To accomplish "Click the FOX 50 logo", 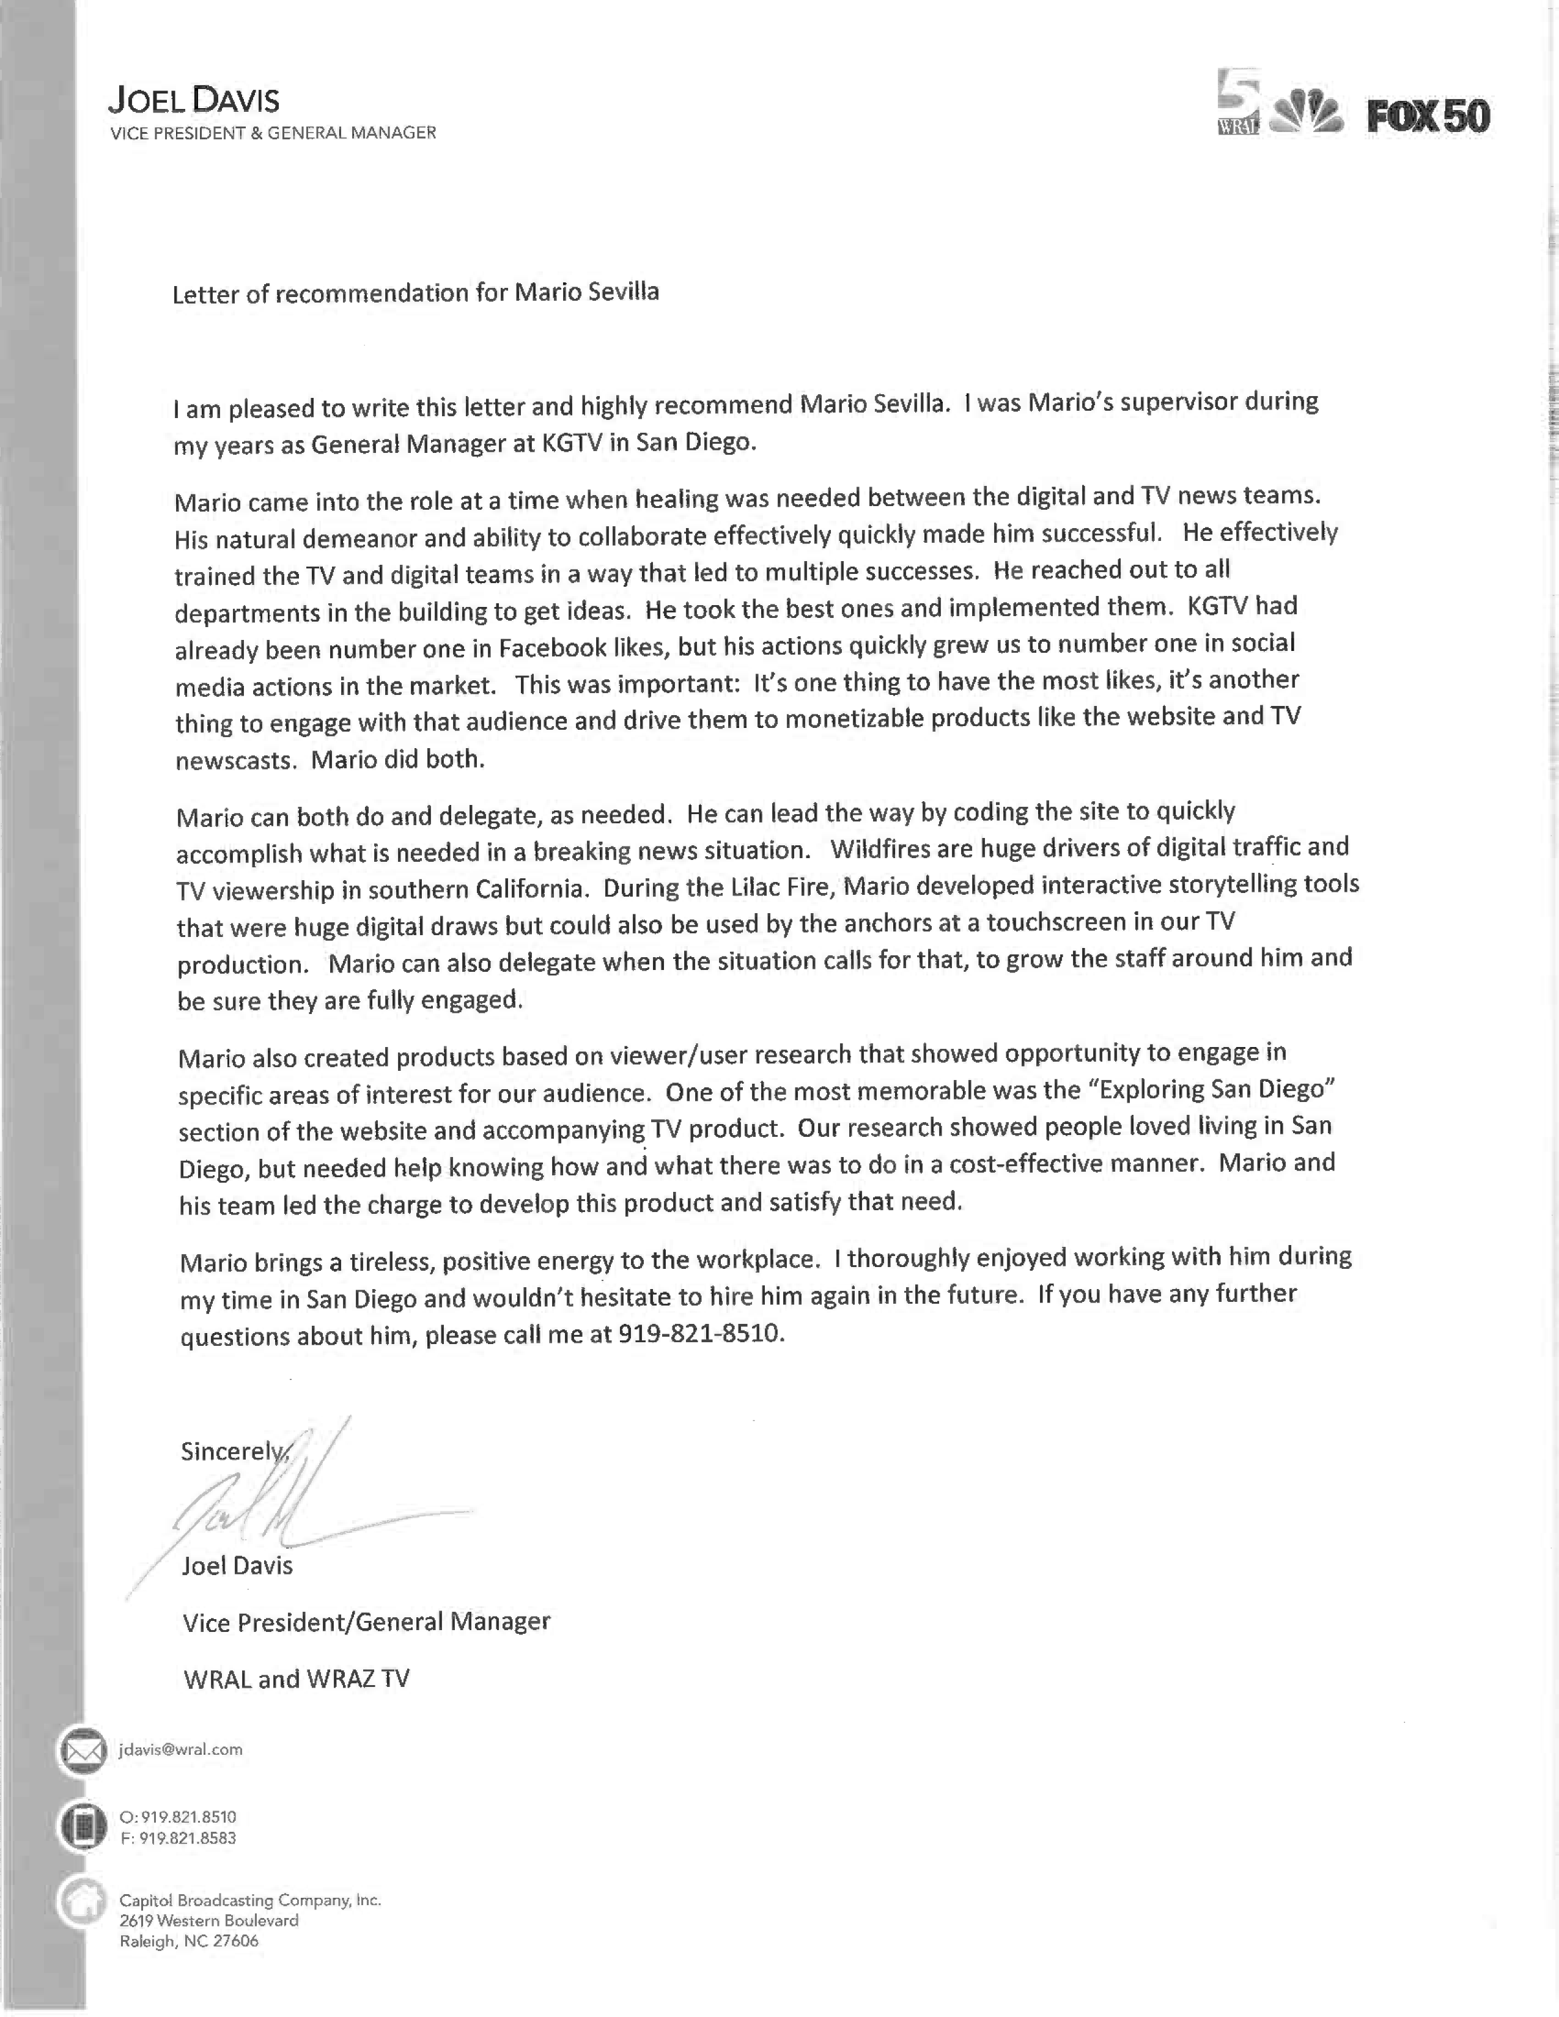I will pos(1428,116).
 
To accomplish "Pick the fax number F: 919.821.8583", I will pos(179,1838).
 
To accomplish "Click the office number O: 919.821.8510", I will pos(179,1817).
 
